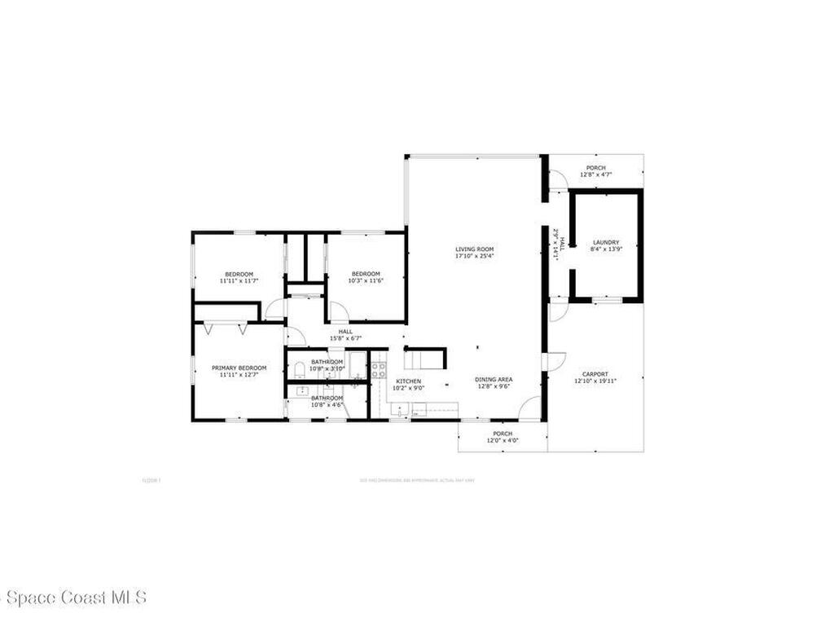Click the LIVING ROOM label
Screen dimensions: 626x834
pyautogui.click(x=474, y=249)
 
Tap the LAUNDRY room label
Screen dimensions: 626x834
pyautogui.click(x=606, y=242)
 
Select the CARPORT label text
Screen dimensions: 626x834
pyautogui.click(x=595, y=374)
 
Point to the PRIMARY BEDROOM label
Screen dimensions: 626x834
pyautogui.click(x=239, y=368)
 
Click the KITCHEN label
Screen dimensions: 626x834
pyautogui.click(x=408, y=381)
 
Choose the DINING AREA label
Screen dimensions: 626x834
pyautogui.click(x=494, y=379)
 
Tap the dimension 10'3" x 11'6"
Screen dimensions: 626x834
pyautogui.click(x=366, y=280)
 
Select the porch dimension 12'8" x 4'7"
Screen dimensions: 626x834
pyautogui.click(x=595, y=174)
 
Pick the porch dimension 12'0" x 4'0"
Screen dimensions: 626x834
pyautogui.click(x=503, y=440)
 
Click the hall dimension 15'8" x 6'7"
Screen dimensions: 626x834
pyautogui.click(x=345, y=338)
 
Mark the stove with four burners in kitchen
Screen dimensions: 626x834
pyautogui.click(x=379, y=370)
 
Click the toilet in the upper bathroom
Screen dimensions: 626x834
pyautogui.click(x=299, y=370)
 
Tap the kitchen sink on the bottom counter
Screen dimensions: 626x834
pyautogui.click(x=400, y=408)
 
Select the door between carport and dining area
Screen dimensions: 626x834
pyautogui.click(x=555, y=361)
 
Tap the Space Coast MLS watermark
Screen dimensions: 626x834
pyautogui.click(x=73, y=597)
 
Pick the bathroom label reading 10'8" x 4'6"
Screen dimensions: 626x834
pyautogui.click(x=327, y=401)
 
